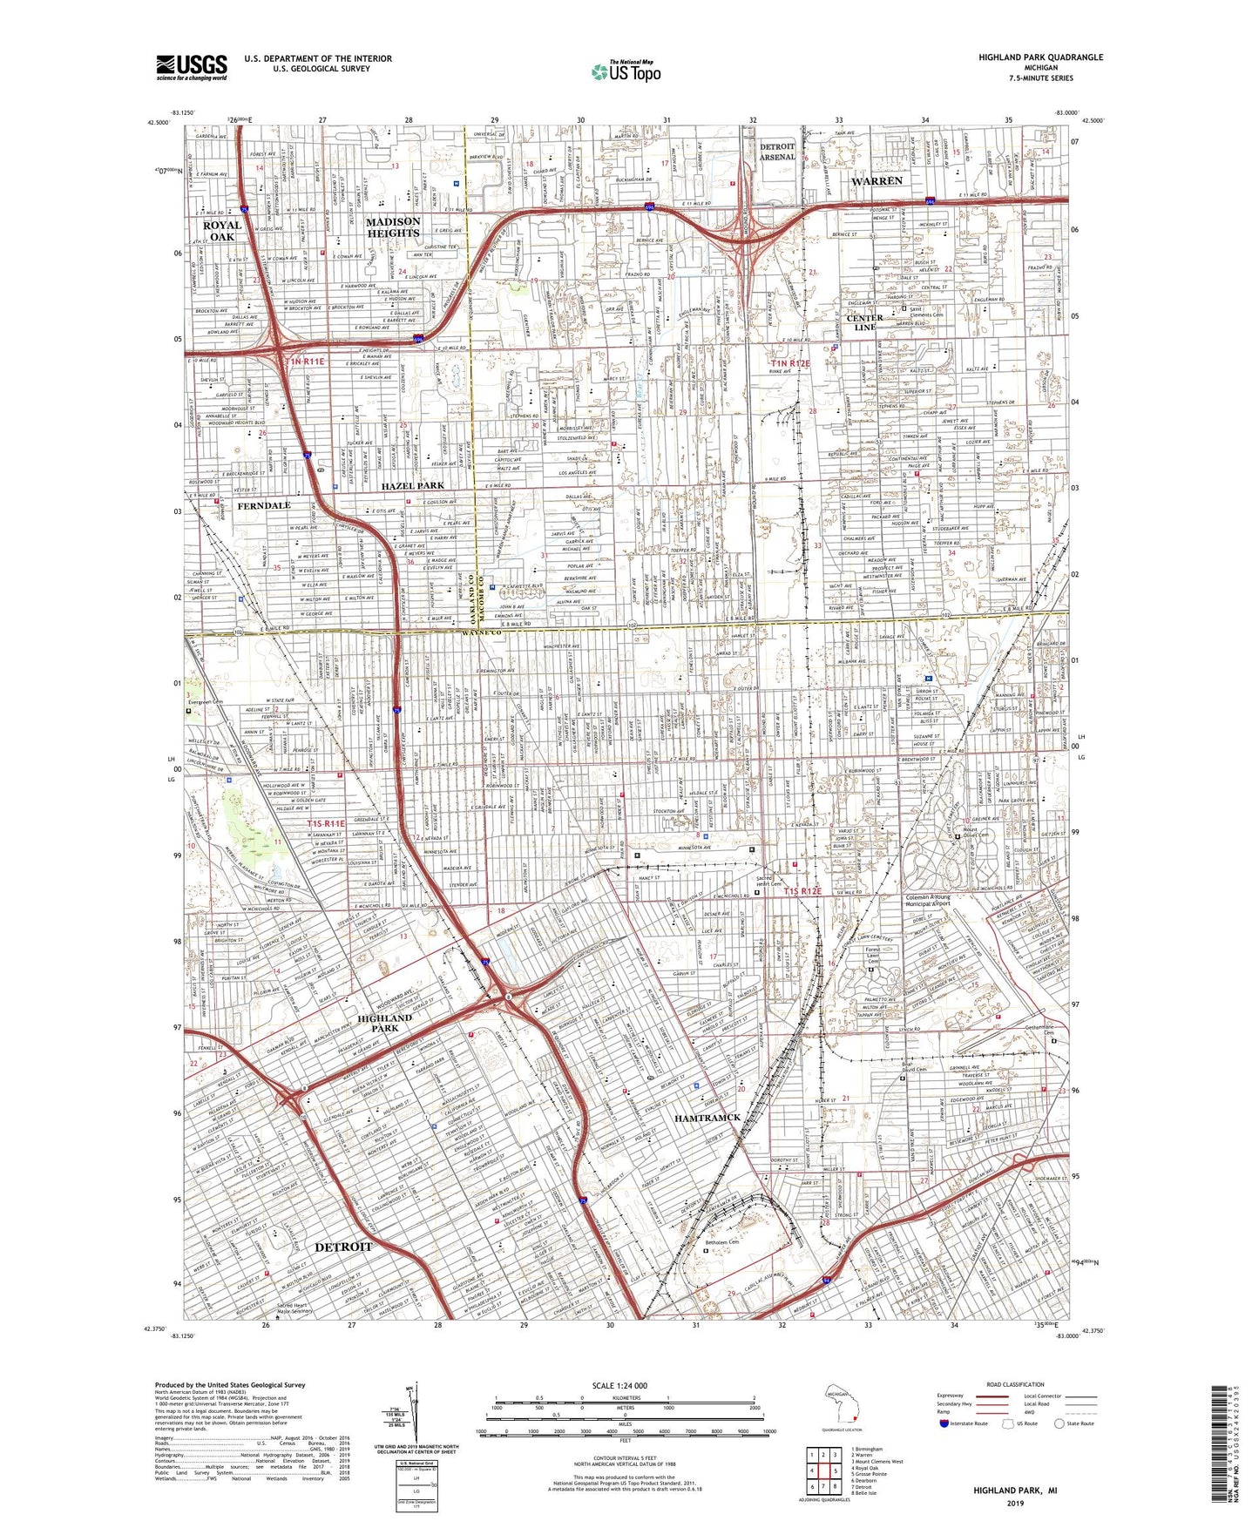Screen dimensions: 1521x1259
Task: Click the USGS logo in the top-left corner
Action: click(192, 67)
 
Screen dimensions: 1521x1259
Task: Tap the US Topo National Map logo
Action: click(625, 71)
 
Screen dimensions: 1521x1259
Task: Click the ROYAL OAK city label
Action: click(221, 231)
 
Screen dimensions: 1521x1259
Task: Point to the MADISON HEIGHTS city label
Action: click(393, 227)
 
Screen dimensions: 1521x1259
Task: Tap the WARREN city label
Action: click(877, 181)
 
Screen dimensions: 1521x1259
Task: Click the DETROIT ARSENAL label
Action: click(777, 152)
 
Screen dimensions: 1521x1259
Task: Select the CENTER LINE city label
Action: click(865, 322)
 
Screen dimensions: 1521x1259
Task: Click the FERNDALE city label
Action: click(264, 505)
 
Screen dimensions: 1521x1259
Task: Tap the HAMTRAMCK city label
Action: click(707, 1117)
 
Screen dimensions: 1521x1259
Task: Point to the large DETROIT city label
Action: click(343, 1247)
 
